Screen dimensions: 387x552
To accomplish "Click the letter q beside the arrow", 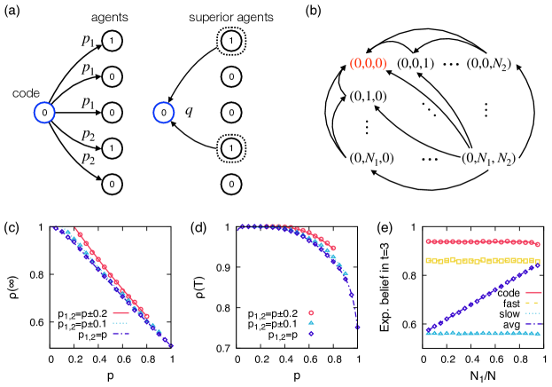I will click(189, 111).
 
